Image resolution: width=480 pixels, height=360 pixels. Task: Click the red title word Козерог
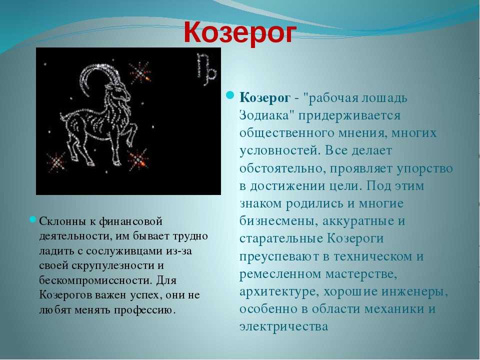[240, 32]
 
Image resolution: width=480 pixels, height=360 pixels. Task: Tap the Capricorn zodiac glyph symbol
[206, 69]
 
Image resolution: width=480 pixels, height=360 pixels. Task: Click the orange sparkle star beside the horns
[139, 73]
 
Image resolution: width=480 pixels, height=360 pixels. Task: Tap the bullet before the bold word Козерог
[230, 96]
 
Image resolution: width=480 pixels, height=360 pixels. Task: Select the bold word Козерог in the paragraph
[265, 98]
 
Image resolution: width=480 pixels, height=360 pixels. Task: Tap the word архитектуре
[277, 292]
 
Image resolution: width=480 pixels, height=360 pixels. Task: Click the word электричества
[284, 326]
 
